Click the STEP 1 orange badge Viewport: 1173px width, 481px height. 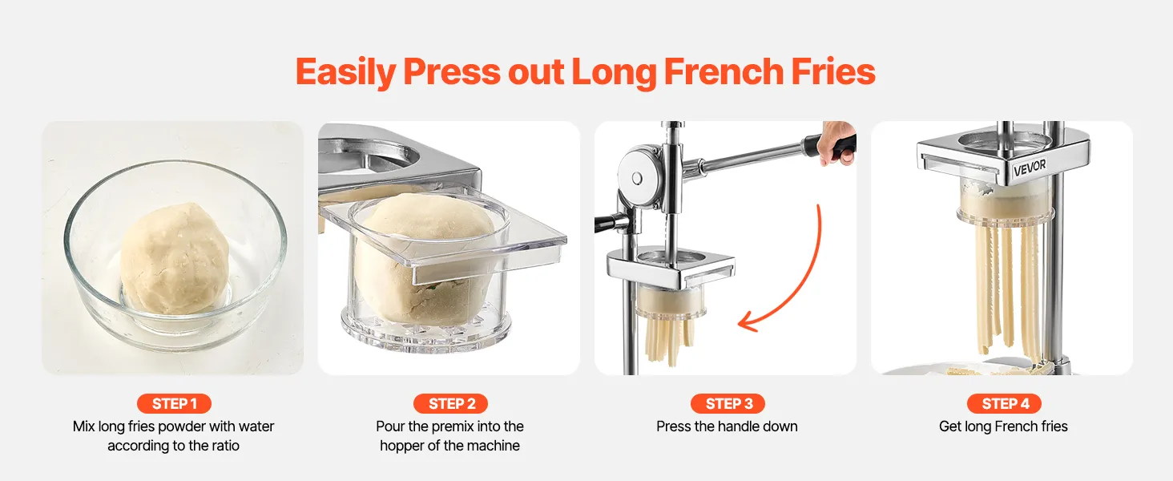click(174, 403)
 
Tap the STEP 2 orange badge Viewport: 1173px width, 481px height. click(450, 403)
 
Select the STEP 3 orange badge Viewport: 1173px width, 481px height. click(728, 403)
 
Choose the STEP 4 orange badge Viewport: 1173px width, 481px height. click(1004, 403)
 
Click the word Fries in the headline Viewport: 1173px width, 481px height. click(833, 71)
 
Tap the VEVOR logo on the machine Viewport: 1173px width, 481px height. click(1030, 167)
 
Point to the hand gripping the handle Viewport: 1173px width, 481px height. click(838, 142)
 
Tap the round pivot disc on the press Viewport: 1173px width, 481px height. click(636, 178)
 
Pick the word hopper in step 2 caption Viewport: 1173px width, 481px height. click(401, 446)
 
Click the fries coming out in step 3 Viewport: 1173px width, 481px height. click(670, 341)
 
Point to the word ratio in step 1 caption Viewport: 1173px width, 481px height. click(226, 446)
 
